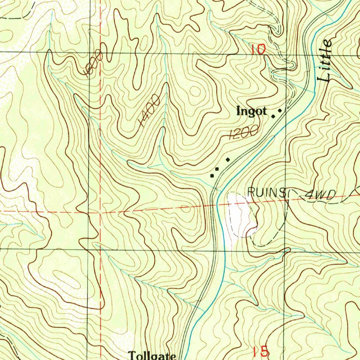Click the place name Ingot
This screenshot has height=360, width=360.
point(251,112)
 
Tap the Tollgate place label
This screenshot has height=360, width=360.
point(152,355)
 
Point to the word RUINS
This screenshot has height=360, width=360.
point(266,192)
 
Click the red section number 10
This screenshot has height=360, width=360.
point(258,49)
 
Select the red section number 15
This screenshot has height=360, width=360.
point(261,351)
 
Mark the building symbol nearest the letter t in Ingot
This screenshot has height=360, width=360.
point(273,116)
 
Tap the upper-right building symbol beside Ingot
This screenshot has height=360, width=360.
point(280,111)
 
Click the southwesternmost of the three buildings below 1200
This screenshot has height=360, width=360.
point(212,175)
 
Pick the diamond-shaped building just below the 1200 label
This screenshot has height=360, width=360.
point(228,160)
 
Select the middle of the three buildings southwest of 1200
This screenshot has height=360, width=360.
point(217,170)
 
